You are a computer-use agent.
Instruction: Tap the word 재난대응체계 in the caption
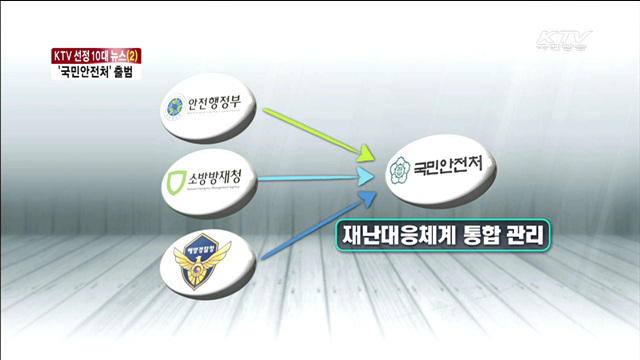pyautogui.click(x=399, y=238)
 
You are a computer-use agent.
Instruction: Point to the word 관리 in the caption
pyautogui.click(x=520, y=238)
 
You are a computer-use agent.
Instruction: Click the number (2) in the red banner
pyautogui.click(x=132, y=55)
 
